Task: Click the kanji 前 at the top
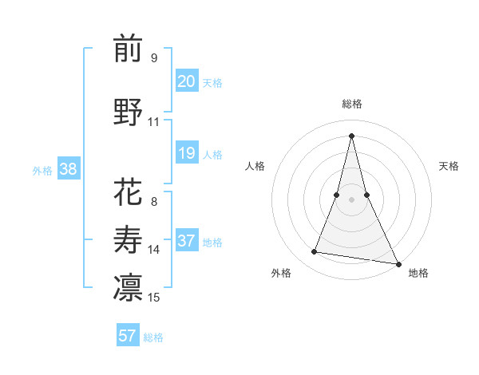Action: (x=128, y=49)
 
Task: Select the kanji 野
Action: (x=128, y=112)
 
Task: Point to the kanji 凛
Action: (x=128, y=287)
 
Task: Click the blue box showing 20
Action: (x=186, y=81)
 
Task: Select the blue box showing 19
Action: (x=186, y=153)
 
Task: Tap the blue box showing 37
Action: (x=186, y=241)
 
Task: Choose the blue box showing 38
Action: (x=68, y=169)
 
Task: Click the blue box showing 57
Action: (x=128, y=336)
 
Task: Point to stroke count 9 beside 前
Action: (x=153, y=57)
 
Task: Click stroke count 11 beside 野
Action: (x=153, y=122)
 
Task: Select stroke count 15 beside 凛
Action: (x=154, y=298)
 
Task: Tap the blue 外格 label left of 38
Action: (x=42, y=170)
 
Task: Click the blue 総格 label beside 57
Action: (x=153, y=337)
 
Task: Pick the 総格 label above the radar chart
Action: (x=351, y=104)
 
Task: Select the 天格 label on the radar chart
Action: (x=449, y=166)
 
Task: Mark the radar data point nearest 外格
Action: (x=315, y=252)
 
